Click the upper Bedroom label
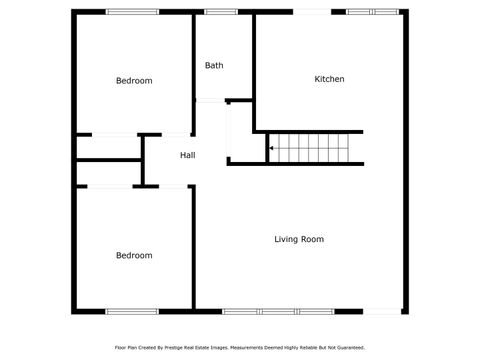click(x=134, y=81)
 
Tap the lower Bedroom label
click(x=134, y=256)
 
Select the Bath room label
click(x=214, y=66)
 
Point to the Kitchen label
click(x=329, y=79)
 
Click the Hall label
click(x=187, y=156)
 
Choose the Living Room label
click(x=299, y=239)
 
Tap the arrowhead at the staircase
click(x=270, y=149)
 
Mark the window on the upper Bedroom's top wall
click(x=133, y=12)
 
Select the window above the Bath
click(x=220, y=12)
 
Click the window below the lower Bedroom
click(x=132, y=310)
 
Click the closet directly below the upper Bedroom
click(x=108, y=147)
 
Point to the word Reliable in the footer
click(x=307, y=348)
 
